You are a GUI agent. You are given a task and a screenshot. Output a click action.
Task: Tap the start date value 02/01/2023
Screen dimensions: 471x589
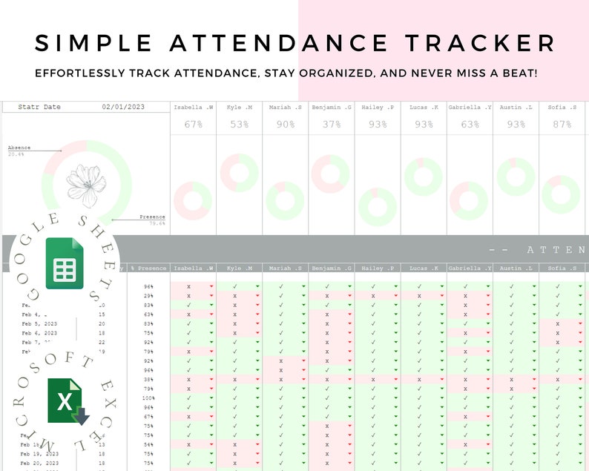click(123, 108)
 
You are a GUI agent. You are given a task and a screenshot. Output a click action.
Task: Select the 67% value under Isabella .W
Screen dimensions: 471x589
click(194, 125)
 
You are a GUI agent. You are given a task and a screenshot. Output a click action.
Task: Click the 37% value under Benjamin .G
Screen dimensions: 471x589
click(331, 125)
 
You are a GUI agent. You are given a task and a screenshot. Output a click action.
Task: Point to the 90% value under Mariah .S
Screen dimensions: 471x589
click(285, 125)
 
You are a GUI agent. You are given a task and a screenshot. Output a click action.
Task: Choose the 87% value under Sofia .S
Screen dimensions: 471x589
click(562, 125)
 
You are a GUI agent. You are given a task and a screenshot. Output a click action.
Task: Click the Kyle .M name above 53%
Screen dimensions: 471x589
click(239, 108)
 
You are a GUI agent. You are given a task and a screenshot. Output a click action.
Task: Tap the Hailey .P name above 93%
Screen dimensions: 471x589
click(378, 108)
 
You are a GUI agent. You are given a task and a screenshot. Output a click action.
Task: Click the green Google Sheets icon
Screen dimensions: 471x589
click(65, 263)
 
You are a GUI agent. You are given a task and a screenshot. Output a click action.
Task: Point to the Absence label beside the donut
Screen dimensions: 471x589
click(19, 148)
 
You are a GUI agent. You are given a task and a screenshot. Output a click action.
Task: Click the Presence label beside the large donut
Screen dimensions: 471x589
click(152, 217)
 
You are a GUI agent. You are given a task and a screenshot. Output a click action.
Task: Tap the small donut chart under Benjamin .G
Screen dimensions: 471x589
click(331, 174)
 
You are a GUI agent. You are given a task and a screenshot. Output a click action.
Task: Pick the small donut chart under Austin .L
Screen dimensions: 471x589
click(516, 177)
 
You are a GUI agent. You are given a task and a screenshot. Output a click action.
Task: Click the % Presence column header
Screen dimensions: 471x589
click(148, 269)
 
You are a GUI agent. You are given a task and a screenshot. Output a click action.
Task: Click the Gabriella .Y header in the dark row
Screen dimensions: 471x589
click(470, 269)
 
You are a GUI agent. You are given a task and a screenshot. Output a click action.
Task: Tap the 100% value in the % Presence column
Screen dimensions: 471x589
click(148, 398)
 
